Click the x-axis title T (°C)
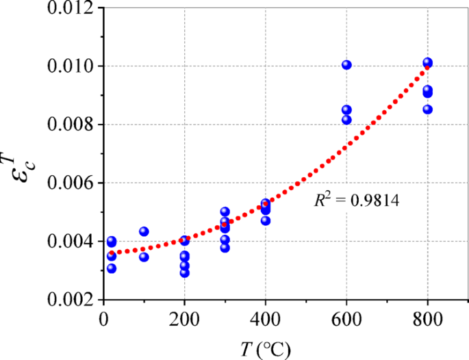(x=266, y=349)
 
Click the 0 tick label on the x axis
(x=103, y=318)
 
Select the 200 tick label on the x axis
(x=184, y=318)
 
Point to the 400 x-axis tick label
(x=266, y=318)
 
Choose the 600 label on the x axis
(x=346, y=318)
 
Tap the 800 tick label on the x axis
(x=427, y=318)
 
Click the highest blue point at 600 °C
(x=346, y=65)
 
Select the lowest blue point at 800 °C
(x=427, y=109)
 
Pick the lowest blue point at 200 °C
(x=184, y=272)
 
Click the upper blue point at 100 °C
(x=144, y=231)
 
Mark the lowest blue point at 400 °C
(x=266, y=220)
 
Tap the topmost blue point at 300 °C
(x=225, y=211)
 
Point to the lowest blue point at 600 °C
(x=346, y=120)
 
